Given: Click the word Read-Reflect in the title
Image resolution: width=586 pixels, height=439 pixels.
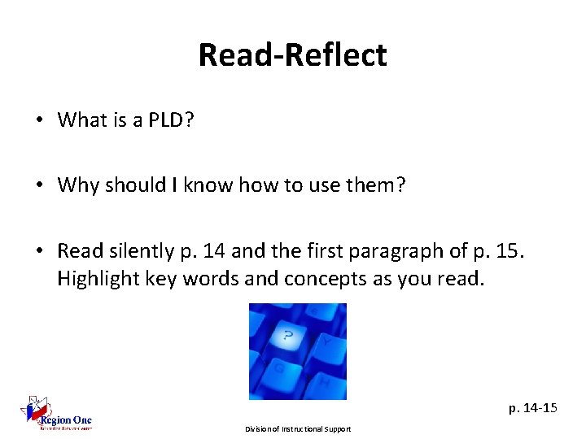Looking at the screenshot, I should (x=292, y=55).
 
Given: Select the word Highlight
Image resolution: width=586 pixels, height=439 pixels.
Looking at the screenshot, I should (x=94, y=279).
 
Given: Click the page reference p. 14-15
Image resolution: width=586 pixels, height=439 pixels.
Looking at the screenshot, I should (x=533, y=407).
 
